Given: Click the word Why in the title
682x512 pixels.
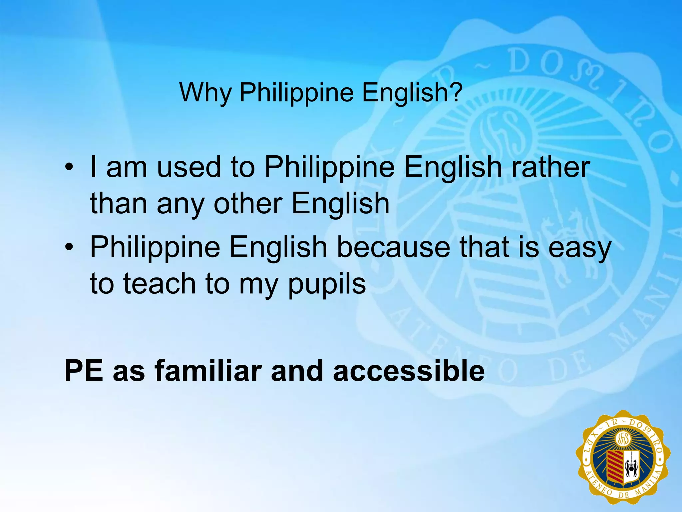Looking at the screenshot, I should [205, 92].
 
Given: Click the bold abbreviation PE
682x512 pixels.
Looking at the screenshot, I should [84, 371].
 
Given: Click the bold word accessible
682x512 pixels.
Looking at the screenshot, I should [409, 371].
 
